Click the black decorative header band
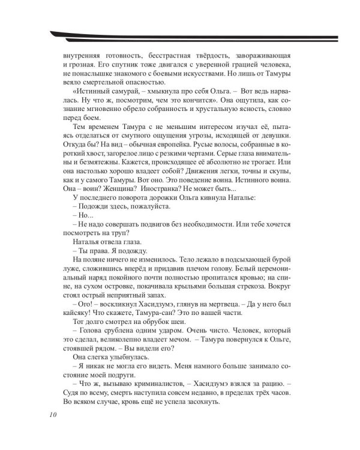(180, 34)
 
